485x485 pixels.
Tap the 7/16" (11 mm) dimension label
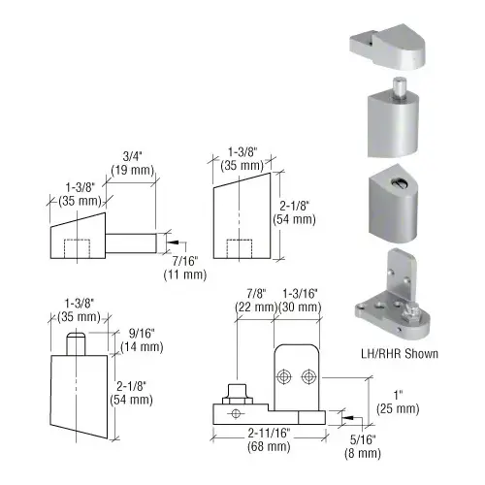[183, 265]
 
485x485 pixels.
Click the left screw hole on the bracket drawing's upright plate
[285, 375]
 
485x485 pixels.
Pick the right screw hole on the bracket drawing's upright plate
[307, 375]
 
